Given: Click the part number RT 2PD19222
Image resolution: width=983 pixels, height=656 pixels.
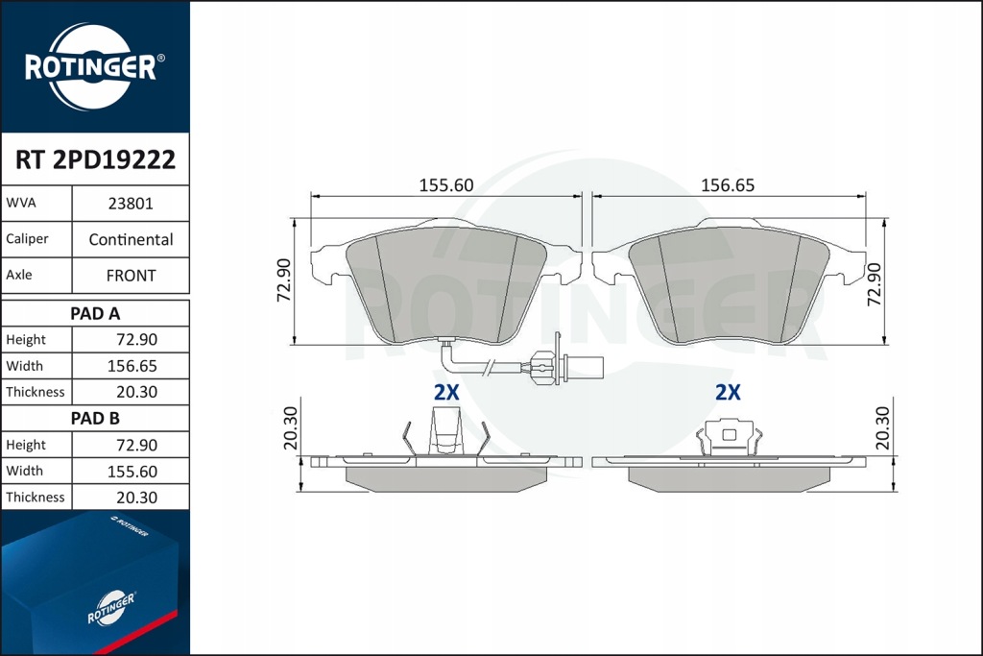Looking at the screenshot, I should tap(95, 159).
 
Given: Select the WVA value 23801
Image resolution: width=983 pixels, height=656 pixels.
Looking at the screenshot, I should tap(131, 205).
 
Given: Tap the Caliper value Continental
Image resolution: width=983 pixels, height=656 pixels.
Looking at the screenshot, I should tap(131, 239).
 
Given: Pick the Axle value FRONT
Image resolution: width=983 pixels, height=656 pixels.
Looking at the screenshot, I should tap(131, 275).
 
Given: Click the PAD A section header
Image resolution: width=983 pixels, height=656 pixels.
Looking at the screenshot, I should tap(95, 313).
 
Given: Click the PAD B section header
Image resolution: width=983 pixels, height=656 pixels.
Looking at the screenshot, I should tap(95, 418).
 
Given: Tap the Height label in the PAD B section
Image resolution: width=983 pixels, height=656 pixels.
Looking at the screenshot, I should tap(26, 445).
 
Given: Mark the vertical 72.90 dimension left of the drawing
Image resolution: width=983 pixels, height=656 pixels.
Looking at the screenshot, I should tap(284, 281).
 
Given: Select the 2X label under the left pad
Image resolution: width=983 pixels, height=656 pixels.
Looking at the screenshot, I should tap(446, 392).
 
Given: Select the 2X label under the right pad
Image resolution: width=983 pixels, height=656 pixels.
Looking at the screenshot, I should tap(728, 392).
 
